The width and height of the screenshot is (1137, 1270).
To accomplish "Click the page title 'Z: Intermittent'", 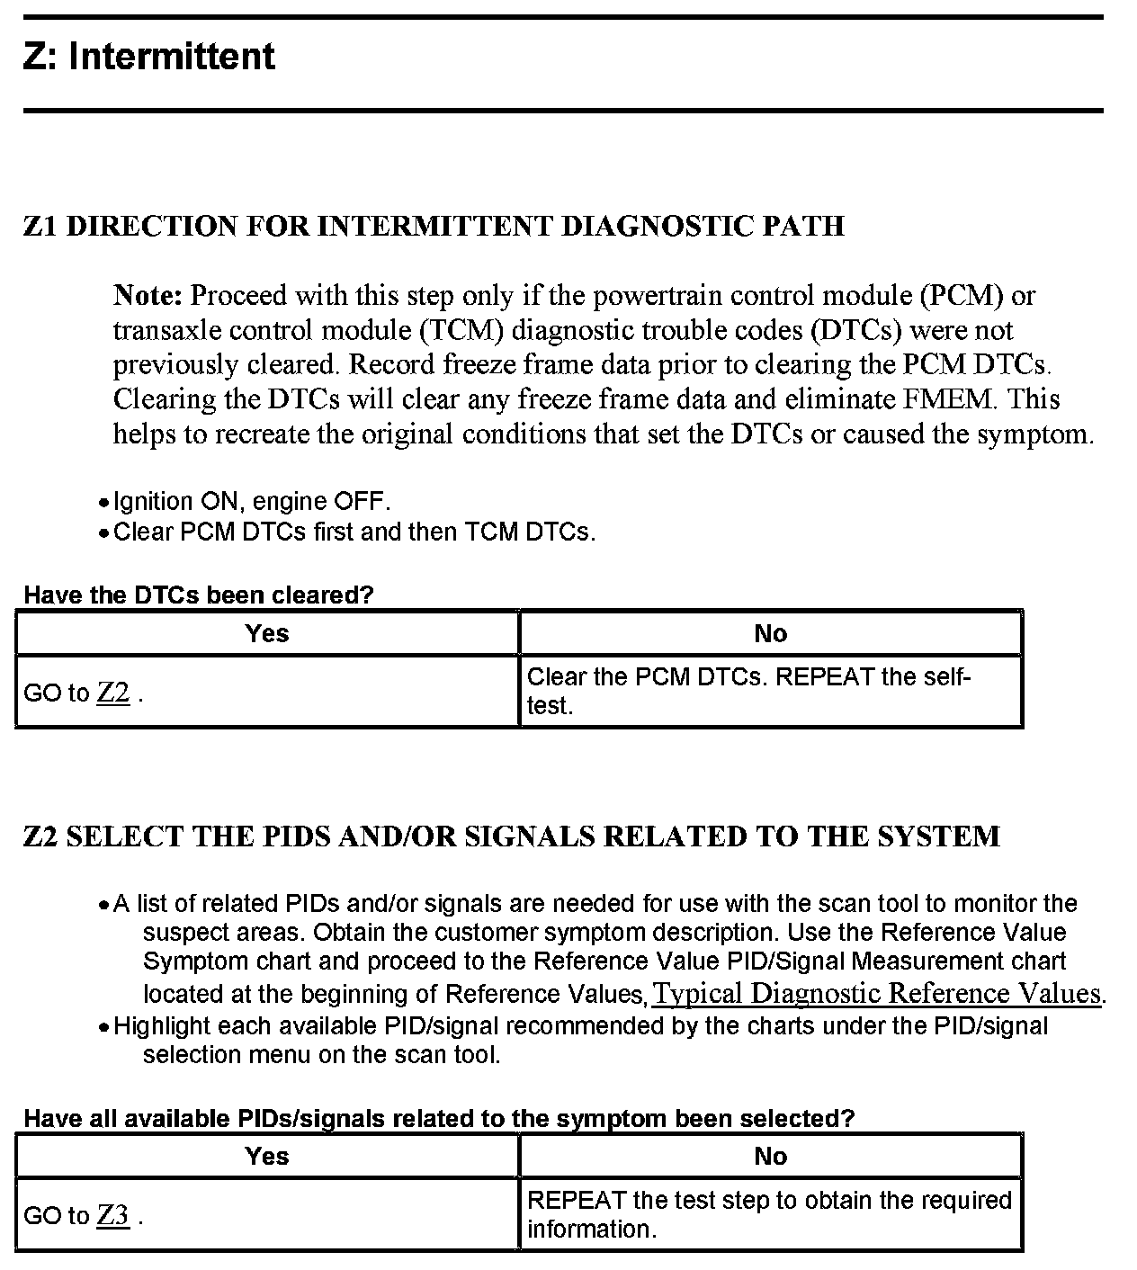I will pyautogui.click(x=149, y=57).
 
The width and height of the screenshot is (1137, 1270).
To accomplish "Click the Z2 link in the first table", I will pyautogui.click(x=113, y=693).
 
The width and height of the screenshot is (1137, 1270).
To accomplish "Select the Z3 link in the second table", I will pyautogui.click(x=113, y=1215).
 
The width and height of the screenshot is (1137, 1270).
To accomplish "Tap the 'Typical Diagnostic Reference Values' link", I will pyautogui.click(x=877, y=993).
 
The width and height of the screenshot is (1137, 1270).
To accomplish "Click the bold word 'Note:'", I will pyautogui.click(x=148, y=295).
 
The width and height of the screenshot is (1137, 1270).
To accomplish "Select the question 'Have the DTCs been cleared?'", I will pyautogui.click(x=198, y=595).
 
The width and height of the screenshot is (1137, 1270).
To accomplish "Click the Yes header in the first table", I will pyautogui.click(x=267, y=633).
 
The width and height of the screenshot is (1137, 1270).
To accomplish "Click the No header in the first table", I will pyautogui.click(x=771, y=633).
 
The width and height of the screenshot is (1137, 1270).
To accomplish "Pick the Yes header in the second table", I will pyautogui.click(x=267, y=1156).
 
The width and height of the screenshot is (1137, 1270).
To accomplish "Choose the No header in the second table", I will pyautogui.click(x=771, y=1156).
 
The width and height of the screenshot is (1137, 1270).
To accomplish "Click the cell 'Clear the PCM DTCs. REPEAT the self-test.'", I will pyautogui.click(x=748, y=691).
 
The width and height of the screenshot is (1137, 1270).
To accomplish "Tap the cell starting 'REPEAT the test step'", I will pyautogui.click(x=769, y=1214).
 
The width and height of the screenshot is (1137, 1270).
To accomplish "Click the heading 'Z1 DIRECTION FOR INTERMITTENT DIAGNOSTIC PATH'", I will pyautogui.click(x=434, y=226).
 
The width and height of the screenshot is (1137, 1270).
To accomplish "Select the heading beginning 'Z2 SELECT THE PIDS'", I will pyautogui.click(x=511, y=836).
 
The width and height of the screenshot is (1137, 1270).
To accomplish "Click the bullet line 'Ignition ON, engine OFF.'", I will pyautogui.click(x=252, y=501).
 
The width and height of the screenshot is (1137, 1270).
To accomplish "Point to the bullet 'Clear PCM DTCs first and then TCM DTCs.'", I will pyautogui.click(x=354, y=532).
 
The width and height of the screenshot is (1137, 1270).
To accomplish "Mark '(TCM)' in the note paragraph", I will pyautogui.click(x=460, y=330).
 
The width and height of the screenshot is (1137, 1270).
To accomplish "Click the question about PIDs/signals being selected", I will pyautogui.click(x=439, y=1118).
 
